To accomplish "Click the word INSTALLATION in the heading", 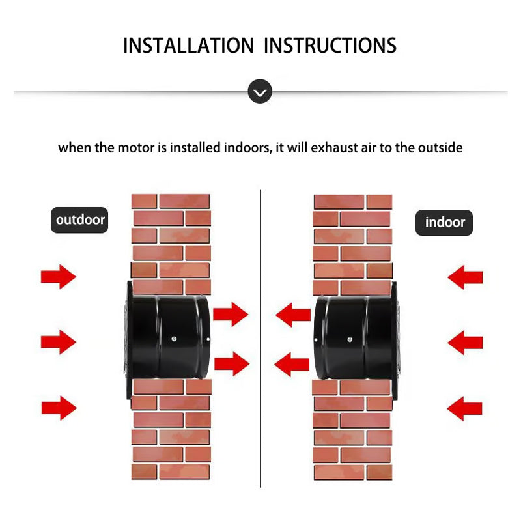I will click(188, 46).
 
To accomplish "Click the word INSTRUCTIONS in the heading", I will click(331, 46).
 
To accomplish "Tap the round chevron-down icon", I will click(260, 92).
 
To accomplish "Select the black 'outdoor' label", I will click(80, 219).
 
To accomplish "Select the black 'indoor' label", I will click(445, 222).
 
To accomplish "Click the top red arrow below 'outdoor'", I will click(59, 277).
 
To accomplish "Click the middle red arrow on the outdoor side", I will click(59, 342).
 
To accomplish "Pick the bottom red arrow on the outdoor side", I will click(59, 408).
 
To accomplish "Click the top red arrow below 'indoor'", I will click(465, 277).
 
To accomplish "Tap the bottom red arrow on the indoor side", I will click(465, 408).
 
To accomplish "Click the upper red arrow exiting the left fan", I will click(231, 315).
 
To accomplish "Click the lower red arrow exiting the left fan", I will click(231, 363).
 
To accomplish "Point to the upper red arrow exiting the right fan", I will click(292, 316).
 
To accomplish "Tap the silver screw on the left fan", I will click(175, 339).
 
